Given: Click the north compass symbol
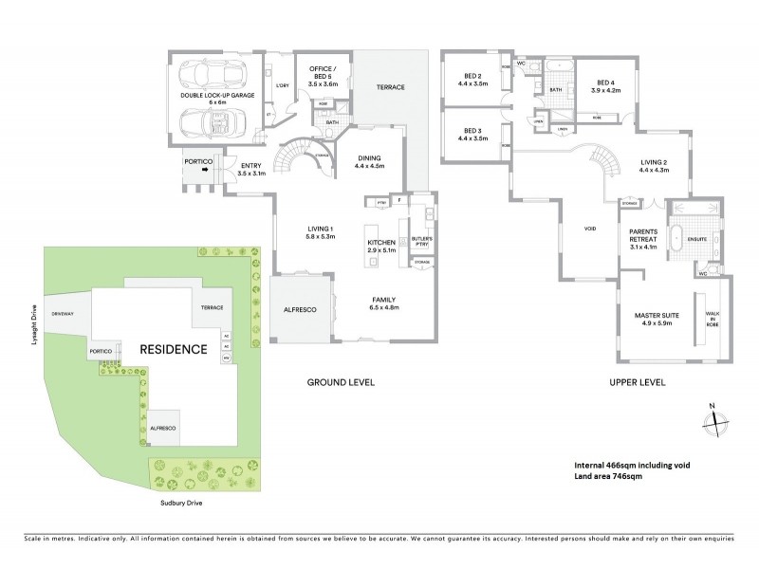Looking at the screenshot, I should pos(713,421).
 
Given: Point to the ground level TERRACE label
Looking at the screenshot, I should pos(390,87).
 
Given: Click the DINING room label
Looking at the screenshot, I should pos(369,163).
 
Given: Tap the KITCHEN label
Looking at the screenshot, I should pos(380,244).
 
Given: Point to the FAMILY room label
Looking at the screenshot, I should pos(384,303).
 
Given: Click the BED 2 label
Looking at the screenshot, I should pos(473,81).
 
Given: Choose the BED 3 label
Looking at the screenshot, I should pos(473,134).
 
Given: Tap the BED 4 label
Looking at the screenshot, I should pos(605,86).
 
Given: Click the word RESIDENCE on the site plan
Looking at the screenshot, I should pos(174,348).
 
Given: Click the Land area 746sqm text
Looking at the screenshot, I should pos(608,476).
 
